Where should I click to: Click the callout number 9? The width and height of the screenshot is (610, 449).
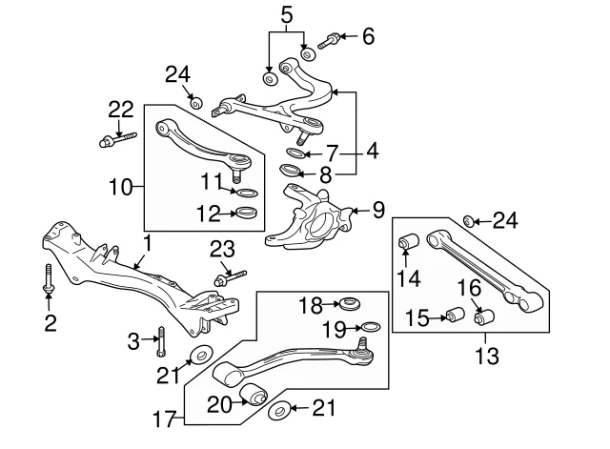378,210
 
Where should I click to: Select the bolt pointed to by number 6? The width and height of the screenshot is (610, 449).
329,41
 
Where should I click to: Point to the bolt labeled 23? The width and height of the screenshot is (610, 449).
231,277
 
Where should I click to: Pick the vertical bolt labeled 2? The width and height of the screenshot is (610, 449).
49,278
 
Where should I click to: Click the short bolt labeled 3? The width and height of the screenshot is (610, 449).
162,341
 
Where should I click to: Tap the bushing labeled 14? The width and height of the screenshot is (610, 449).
408,241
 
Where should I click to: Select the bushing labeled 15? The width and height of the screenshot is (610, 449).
455,315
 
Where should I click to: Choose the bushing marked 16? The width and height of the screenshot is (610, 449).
484,316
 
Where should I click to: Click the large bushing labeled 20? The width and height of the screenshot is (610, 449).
254,394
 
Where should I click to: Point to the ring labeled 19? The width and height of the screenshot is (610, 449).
371,326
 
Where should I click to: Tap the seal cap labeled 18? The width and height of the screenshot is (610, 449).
350,303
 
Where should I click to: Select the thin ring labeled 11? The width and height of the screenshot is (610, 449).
247,193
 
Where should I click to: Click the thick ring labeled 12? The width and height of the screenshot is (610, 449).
247,213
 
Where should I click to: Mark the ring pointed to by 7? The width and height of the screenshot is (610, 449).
296,153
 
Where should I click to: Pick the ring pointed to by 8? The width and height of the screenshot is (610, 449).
291,170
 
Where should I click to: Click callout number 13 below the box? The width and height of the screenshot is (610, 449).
487,356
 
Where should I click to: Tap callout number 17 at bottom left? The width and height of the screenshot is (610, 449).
166,418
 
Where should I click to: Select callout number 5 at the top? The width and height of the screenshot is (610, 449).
286,15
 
